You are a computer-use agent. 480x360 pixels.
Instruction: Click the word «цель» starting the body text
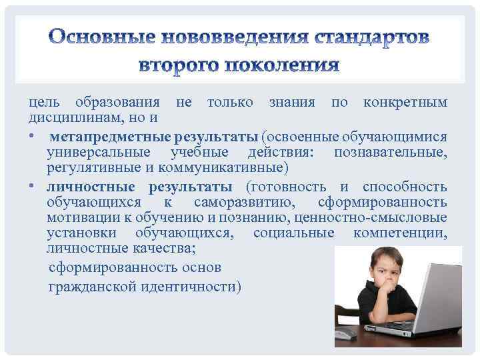pyautogui.click(x=43, y=103)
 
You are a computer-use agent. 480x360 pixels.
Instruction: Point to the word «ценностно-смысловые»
pyautogui.click(x=385, y=217)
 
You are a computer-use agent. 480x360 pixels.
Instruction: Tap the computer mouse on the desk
pyautogui.click(x=345, y=336)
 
